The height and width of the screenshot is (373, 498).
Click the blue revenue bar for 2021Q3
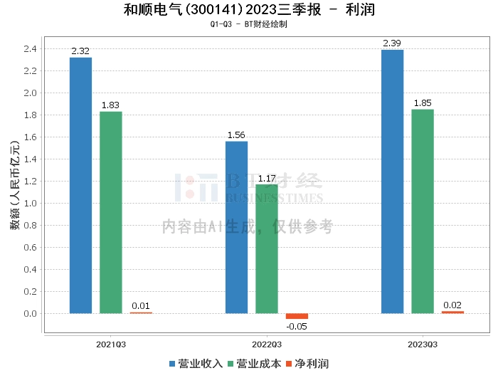[x=80, y=186]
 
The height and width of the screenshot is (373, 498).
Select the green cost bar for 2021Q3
[x=111, y=213]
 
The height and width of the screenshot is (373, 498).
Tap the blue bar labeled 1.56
[x=237, y=228]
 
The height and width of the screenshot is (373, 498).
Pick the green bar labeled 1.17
[x=267, y=248]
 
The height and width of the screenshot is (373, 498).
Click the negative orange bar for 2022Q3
[x=297, y=316]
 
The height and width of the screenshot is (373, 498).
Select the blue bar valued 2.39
[x=392, y=182]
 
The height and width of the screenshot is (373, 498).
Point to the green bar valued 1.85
[x=423, y=211]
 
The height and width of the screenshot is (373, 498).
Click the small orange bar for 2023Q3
[x=452, y=312]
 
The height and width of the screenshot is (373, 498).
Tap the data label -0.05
[x=297, y=327]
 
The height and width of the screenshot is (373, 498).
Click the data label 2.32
[x=80, y=51]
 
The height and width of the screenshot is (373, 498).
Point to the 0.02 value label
[x=452, y=305]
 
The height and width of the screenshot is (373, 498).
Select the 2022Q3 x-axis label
[x=267, y=345]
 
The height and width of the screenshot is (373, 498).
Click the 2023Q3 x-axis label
[x=423, y=345]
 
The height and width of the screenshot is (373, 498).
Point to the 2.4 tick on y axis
[x=30, y=49]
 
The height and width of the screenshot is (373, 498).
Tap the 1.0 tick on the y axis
[x=30, y=204]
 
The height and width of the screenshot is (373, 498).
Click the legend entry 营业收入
[x=196, y=364]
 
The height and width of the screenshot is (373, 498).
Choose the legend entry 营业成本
[x=255, y=364]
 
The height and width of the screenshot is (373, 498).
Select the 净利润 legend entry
[x=307, y=364]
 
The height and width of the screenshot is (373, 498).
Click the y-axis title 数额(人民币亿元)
[x=15, y=185]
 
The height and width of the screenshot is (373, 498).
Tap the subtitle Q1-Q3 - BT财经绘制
[x=249, y=24]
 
